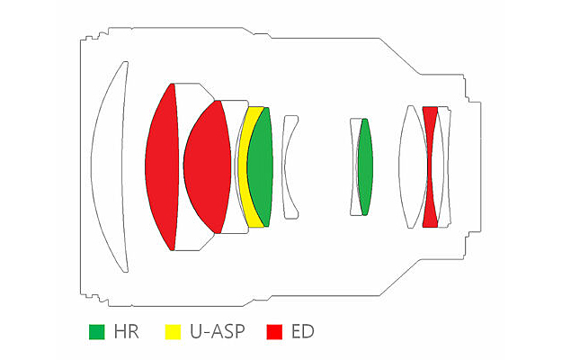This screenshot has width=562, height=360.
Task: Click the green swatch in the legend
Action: coord(97,332)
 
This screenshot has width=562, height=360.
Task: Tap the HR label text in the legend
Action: coord(126,332)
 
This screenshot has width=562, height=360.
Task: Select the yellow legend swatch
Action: coord(173,332)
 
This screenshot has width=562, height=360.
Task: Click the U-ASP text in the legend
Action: coord(218,332)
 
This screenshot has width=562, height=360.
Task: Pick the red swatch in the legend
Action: coord(274,332)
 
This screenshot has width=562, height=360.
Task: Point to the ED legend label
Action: coord(303,332)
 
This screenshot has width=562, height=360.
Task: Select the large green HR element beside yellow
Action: coord(261,167)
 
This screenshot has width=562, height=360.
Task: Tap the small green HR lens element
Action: coord(366,166)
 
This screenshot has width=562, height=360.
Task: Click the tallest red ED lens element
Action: coord(163,166)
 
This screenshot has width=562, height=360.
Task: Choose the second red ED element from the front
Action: coord(207,166)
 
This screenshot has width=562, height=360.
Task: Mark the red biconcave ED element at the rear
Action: coord(431,166)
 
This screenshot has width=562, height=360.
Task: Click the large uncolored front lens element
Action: coord(110,166)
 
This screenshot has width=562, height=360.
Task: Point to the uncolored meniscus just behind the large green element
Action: coord(290,166)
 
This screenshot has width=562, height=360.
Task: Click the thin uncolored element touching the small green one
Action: coord(355,166)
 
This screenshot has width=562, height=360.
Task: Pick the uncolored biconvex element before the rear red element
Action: coord(413,166)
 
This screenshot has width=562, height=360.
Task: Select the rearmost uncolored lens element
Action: coord(443,166)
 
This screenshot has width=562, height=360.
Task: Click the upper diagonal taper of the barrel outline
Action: coord(400,57)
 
